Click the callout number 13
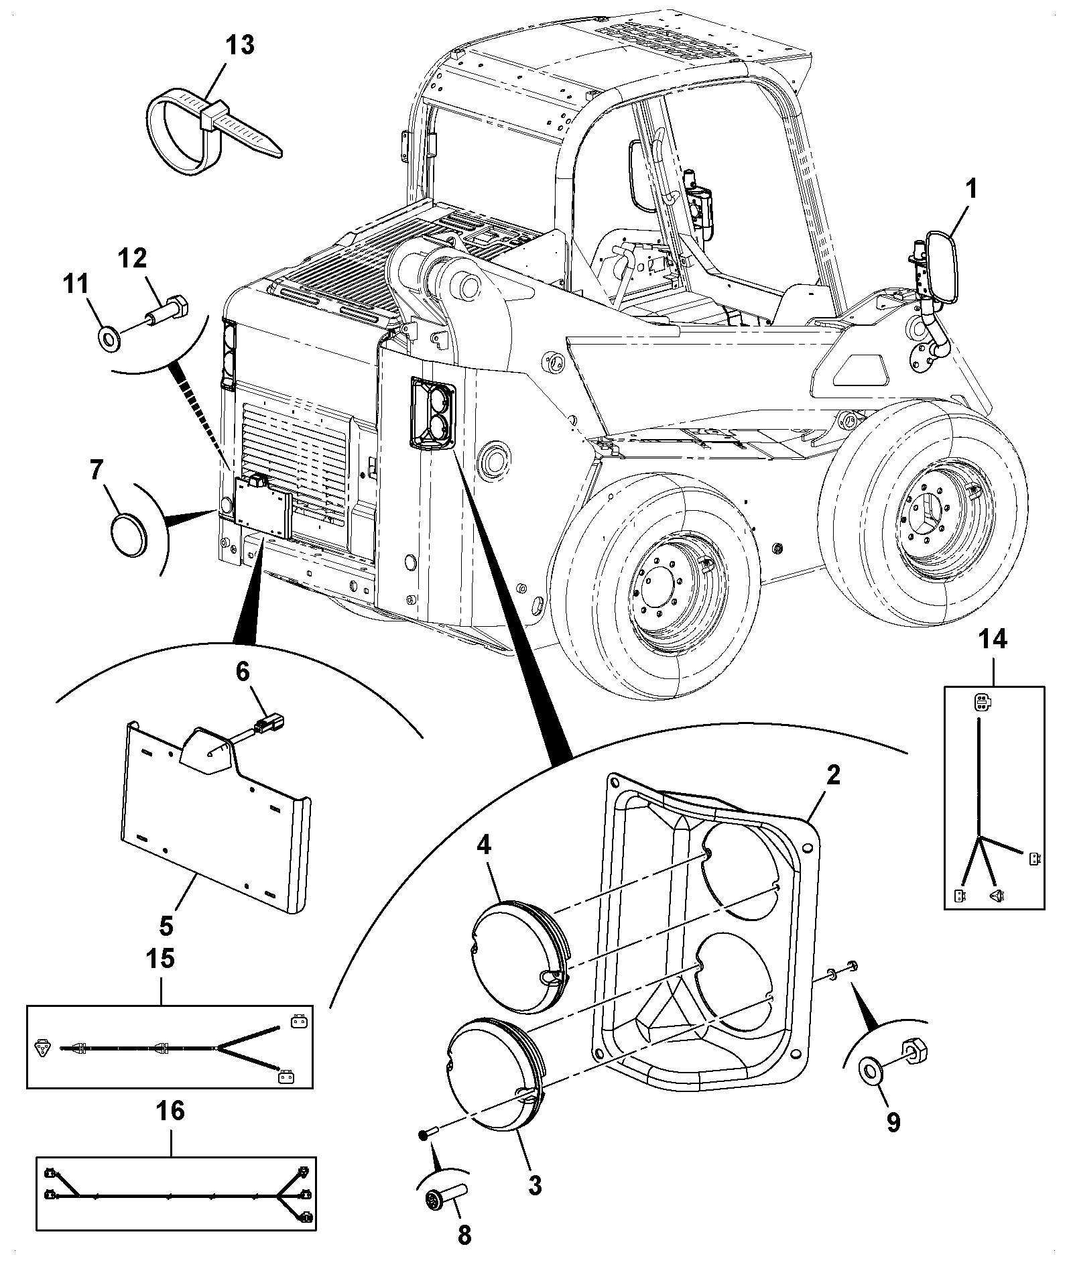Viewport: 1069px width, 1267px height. [239, 46]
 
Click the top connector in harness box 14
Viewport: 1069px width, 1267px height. [981, 702]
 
